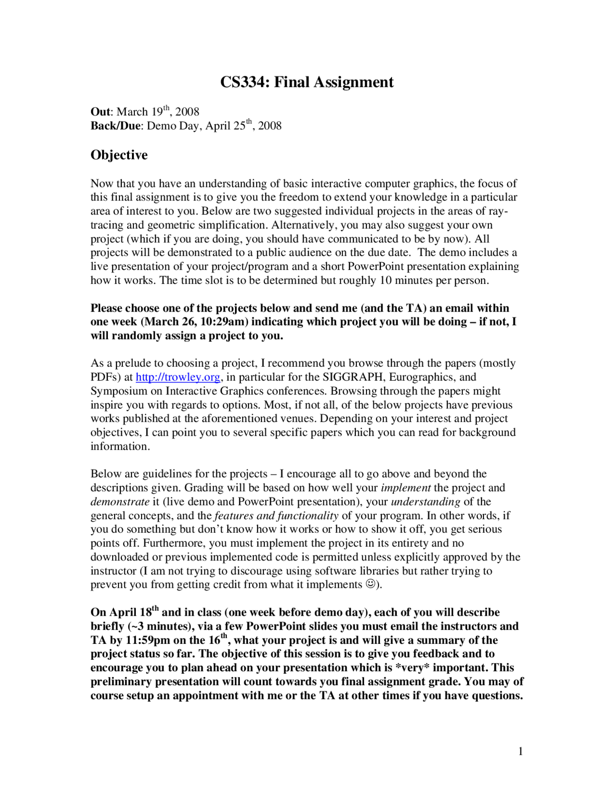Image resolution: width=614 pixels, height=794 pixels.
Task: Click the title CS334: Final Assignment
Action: click(307, 82)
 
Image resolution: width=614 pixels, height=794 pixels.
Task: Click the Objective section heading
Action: click(119, 155)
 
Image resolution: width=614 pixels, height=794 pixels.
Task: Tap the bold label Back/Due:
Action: click(117, 126)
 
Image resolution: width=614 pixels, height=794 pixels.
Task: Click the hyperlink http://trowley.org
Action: click(178, 377)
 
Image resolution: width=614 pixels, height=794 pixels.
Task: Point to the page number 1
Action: click(520, 751)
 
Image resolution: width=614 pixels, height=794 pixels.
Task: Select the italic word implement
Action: click(405, 488)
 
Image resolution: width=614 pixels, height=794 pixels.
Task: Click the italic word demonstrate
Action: click(120, 502)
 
